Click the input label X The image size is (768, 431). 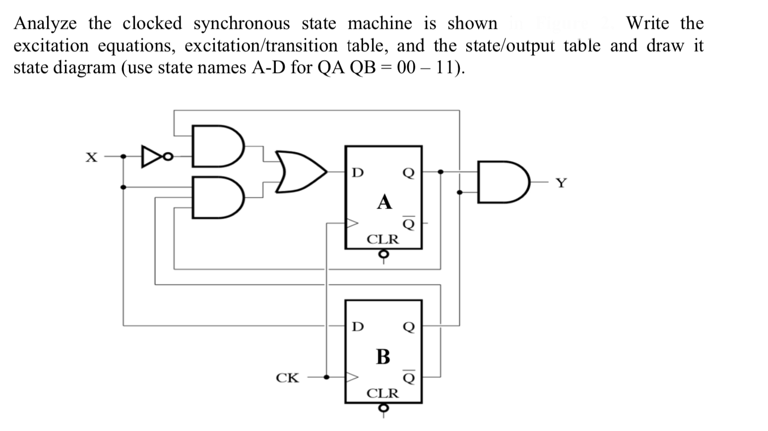click(91, 158)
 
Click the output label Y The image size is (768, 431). click(561, 184)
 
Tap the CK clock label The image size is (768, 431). click(287, 378)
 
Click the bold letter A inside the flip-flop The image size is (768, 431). click(384, 202)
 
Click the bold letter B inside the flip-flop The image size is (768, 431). click(383, 357)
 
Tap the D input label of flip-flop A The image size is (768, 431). click(357, 173)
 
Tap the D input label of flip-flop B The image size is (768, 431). click(357, 327)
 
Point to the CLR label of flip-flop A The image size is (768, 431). click(383, 239)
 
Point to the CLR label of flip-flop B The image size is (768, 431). click(383, 394)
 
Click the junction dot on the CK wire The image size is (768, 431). click(326, 377)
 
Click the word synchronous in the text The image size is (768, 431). click(241, 23)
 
